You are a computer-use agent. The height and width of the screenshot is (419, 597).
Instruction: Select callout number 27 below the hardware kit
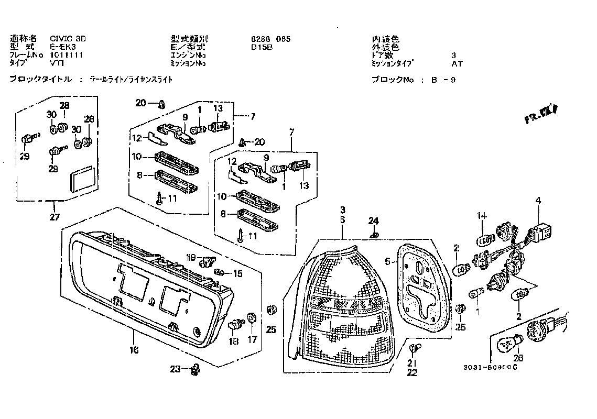pyautogui.click(x=55, y=217)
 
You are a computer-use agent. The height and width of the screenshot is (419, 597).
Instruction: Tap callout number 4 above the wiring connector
pyautogui.click(x=537, y=201)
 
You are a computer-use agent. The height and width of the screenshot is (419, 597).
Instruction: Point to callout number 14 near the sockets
pyautogui.click(x=482, y=216)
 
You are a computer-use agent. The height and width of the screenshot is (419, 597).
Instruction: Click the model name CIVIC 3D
pyautogui.click(x=68, y=39)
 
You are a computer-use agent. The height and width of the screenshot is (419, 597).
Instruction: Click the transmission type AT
pyautogui.click(x=457, y=64)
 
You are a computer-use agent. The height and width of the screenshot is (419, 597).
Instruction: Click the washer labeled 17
pyautogui.click(x=251, y=317)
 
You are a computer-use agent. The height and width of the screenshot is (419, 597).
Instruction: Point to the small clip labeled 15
pyautogui.click(x=221, y=272)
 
